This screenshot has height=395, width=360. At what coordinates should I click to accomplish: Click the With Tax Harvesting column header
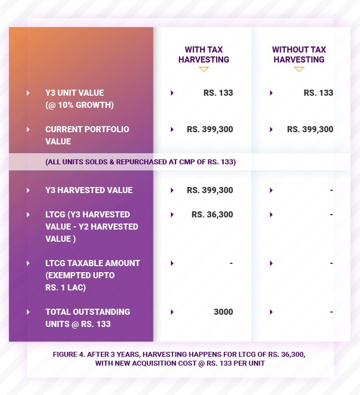[203, 54]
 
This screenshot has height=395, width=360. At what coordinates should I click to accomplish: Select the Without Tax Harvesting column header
[299, 54]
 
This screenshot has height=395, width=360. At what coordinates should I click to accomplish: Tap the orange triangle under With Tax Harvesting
[203, 69]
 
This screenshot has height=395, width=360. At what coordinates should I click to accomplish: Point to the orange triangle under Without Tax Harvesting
[299, 69]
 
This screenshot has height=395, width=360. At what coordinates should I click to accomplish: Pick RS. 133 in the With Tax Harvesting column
[218, 93]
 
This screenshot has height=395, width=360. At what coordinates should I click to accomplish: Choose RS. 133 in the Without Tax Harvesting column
[318, 93]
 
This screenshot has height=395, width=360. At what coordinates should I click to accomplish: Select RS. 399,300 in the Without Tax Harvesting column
[310, 129]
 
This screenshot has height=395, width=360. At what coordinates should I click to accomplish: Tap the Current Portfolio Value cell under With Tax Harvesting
[210, 129]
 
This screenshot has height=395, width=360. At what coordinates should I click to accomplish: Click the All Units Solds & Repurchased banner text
[141, 162]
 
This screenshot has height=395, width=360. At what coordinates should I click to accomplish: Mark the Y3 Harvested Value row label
[89, 190]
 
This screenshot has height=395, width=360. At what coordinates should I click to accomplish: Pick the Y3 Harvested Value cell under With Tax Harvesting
[210, 190]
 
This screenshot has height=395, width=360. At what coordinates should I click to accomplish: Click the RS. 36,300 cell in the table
[212, 215]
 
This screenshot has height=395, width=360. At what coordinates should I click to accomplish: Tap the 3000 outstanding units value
[223, 312]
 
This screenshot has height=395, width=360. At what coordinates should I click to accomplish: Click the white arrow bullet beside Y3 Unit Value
[28, 93]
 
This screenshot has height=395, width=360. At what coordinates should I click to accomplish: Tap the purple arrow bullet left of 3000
[172, 312]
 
